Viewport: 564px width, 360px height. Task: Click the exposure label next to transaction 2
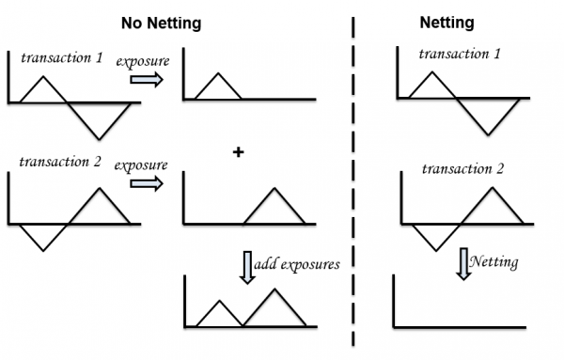pyautogui.click(x=141, y=165)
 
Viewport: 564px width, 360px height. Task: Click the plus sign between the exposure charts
pyautogui.click(x=238, y=151)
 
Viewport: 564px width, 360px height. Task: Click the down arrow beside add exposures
pyautogui.click(x=246, y=265)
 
